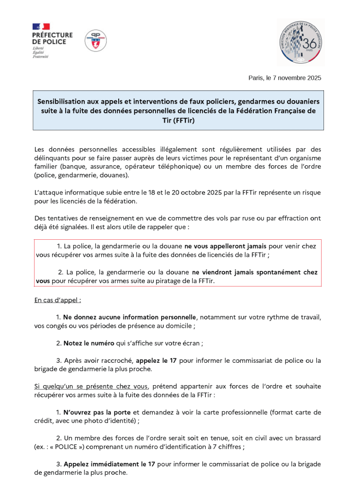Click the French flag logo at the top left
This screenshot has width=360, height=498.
pos(41,26)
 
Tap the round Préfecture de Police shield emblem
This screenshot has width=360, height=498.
pos(96,41)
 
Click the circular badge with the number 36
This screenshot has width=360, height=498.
pos(300,43)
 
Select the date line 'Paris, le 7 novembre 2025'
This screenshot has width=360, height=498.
pos(285,78)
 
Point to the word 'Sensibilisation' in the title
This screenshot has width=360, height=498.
pos(66,102)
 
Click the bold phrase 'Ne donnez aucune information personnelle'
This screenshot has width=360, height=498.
pos(129,317)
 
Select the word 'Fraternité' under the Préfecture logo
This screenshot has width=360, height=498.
pos(40,57)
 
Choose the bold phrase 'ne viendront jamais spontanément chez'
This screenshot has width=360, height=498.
pos(255,272)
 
